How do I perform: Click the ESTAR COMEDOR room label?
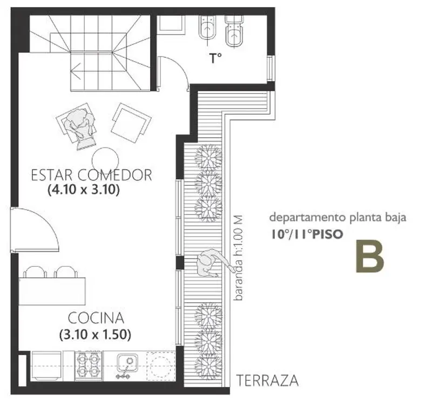click(91, 175)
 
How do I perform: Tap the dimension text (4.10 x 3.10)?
click(84, 190)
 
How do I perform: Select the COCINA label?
click(96, 318)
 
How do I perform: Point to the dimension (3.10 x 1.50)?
click(95, 334)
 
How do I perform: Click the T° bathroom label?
click(215, 58)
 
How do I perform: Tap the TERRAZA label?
click(267, 380)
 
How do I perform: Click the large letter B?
click(370, 257)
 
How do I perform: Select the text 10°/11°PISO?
click(307, 234)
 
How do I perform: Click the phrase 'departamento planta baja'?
click(338, 217)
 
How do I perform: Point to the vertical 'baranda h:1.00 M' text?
click(238, 258)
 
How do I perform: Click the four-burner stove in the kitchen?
click(89, 366)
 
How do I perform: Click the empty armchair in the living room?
click(131, 123)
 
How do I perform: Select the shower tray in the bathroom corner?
click(171, 24)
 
